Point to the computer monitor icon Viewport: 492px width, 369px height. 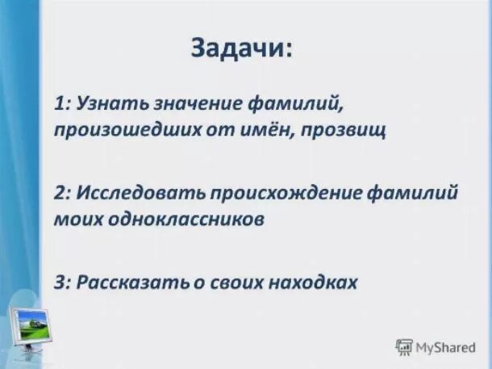coord(30,323)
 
